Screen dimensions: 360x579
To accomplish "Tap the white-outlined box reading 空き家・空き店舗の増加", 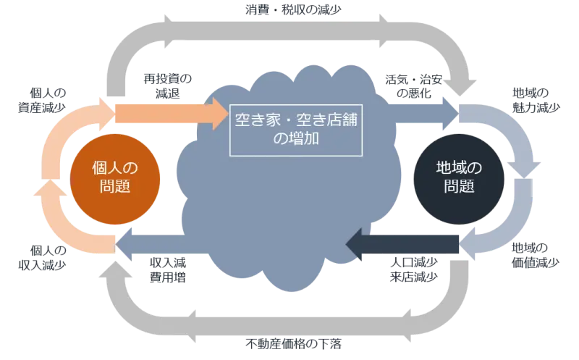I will (297, 128).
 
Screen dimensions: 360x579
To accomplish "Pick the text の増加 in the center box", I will (297, 138).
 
